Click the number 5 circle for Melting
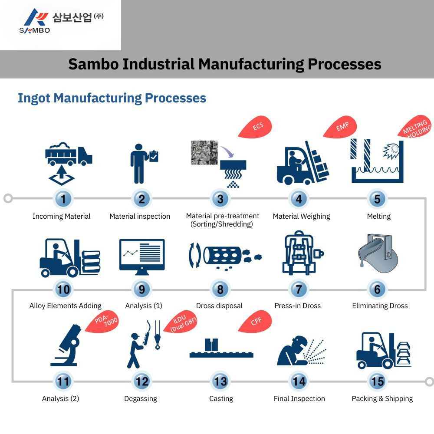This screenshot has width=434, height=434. tap(377, 199)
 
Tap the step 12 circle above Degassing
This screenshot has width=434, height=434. tap(142, 381)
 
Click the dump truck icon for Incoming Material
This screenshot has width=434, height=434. tap(69, 155)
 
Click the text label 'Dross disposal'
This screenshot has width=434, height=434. tap(219, 306)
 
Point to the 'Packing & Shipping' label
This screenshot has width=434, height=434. tap(382, 399)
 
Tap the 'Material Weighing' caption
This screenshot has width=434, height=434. tap(301, 217)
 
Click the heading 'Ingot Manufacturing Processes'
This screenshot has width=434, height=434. tap(112, 98)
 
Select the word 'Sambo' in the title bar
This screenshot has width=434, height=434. tap(92, 64)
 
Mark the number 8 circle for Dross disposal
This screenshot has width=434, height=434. tap(220, 289)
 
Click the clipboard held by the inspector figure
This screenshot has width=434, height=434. tap(154, 156)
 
